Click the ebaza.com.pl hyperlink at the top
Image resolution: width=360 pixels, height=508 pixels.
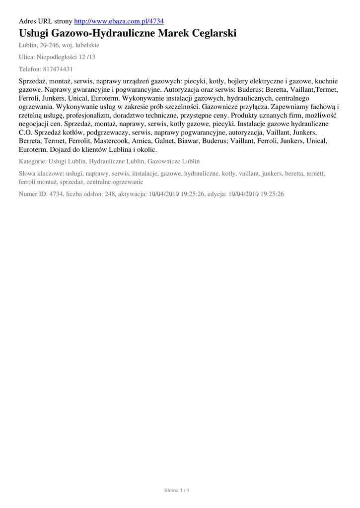[119, 21]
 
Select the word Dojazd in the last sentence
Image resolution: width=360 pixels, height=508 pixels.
[62, 149]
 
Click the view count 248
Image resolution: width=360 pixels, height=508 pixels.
[110, 194]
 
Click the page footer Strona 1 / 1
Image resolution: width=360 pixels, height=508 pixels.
[177, 491]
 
